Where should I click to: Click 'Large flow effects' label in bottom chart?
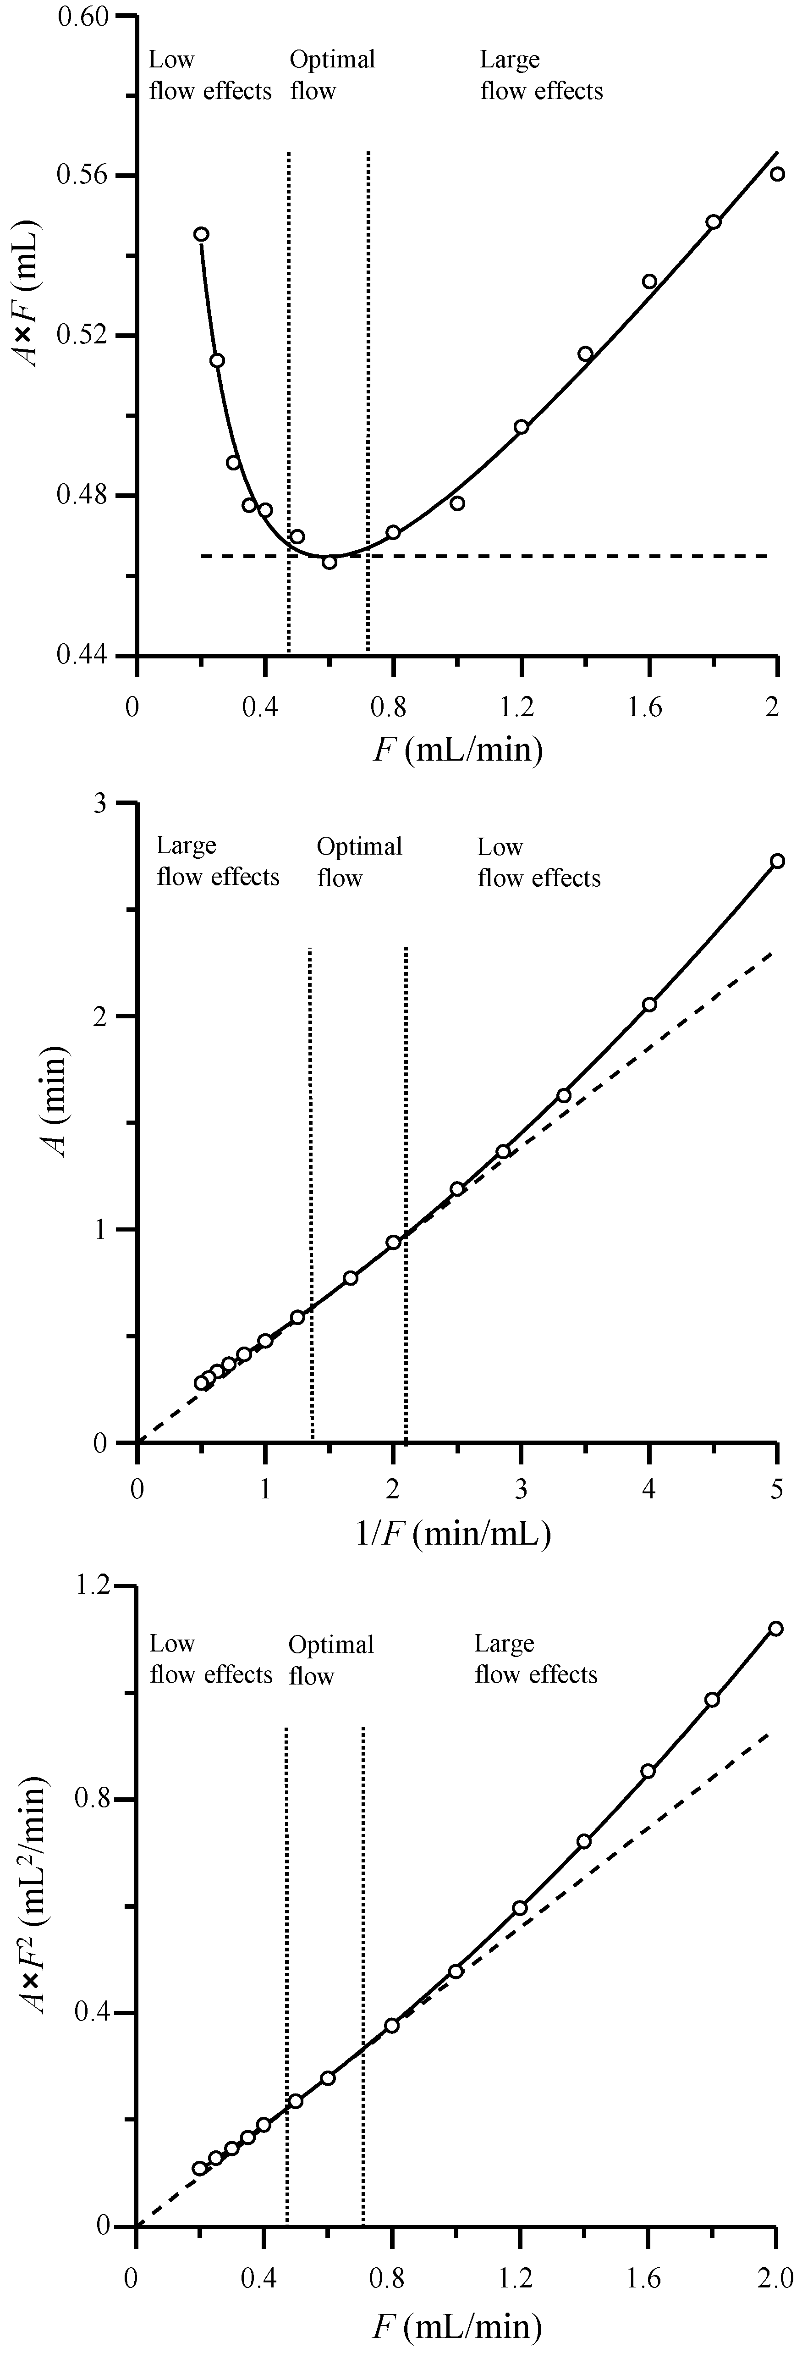(535, 1659)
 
